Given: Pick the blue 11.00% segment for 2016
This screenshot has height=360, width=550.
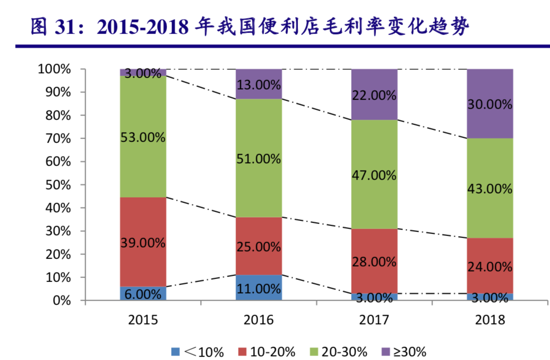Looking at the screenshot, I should (258, 288).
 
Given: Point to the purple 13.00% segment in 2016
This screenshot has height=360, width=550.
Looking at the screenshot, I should (258, 84).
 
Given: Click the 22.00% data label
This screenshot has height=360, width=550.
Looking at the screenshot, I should (374, 95).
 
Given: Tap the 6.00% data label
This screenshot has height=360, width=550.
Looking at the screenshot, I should (143, 294).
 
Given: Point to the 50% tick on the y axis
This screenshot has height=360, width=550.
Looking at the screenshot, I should (58, 185).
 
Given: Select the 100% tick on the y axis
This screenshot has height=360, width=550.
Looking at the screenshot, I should (55, 69).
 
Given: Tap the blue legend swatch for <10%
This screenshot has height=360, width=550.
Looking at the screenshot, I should (175, 351).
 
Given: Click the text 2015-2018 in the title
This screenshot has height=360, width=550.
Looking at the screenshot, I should (142, 27).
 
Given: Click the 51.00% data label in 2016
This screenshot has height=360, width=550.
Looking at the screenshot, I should (258, 159).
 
